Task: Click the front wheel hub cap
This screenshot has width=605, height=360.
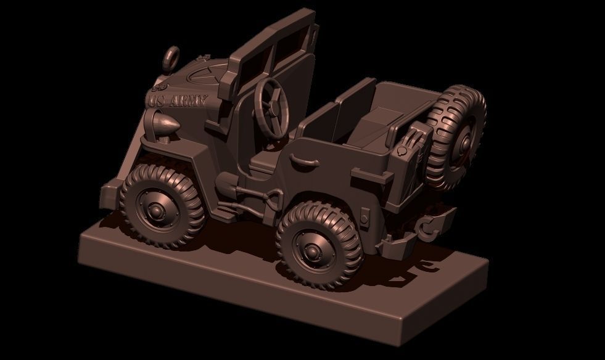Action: (155, 211)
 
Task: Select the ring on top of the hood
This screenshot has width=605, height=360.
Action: (171, 57)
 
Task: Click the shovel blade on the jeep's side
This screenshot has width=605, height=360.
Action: (226, 184)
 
